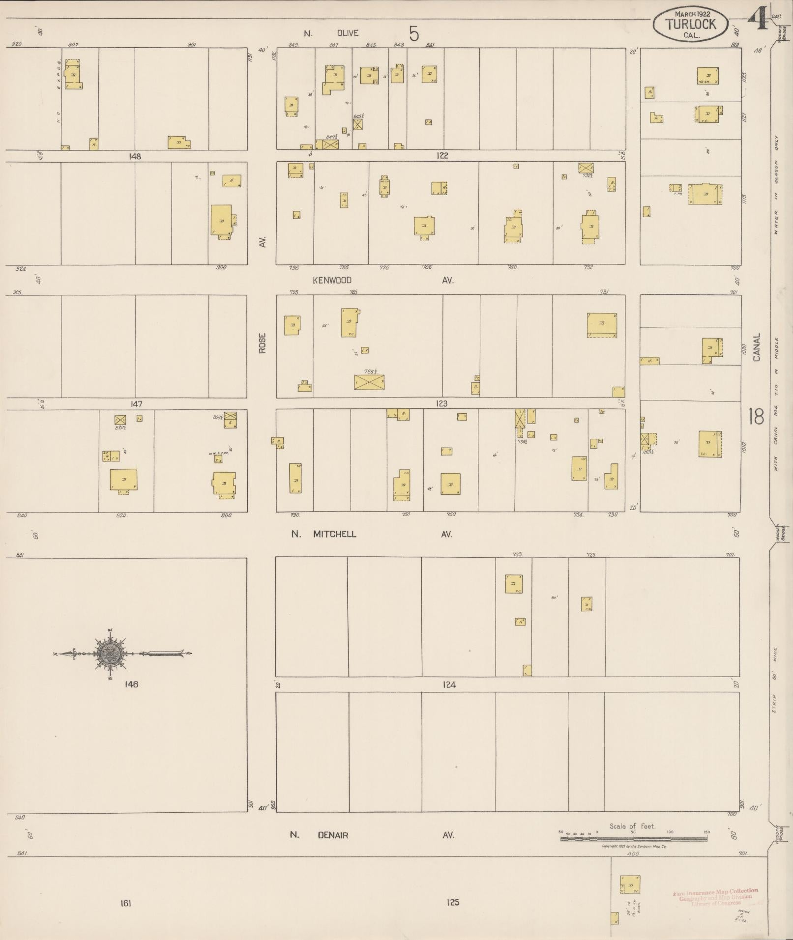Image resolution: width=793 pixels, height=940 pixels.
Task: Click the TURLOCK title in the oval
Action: [690, 24]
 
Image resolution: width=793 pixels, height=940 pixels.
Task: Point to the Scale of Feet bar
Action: [635, 839]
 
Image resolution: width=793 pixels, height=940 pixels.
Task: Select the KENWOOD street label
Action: [332, 280]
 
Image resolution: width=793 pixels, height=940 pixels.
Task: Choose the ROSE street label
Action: [263, 343]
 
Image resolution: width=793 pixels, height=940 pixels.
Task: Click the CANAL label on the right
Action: [756, 347]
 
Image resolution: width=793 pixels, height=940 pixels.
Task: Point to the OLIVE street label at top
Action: [347, 33]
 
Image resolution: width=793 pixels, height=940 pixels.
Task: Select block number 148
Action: [134, 156]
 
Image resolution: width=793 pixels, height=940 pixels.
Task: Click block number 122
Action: [441, 156]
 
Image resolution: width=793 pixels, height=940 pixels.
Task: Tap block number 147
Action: [136, 404]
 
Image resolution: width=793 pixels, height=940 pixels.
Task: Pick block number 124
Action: [449, 684]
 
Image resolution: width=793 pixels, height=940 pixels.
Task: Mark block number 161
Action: [125, 902]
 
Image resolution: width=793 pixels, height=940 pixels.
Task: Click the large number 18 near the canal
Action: [756, 417]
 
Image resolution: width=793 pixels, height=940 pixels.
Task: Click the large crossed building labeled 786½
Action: [369, 382]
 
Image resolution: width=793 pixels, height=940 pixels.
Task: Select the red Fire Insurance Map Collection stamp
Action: [715, 897]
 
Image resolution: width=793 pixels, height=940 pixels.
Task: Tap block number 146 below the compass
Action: [131, 684]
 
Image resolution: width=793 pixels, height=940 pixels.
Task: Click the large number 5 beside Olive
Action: [414, 34]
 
